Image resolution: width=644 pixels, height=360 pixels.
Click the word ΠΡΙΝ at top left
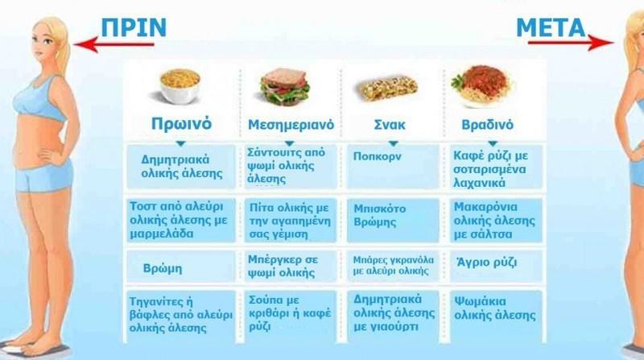click(x=134, y=27)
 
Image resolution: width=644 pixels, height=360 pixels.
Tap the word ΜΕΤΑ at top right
click(x=551, y=27)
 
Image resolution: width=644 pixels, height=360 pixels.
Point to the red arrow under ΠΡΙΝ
click(x=114, y=44)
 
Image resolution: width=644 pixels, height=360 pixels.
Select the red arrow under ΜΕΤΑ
click(x=570, y=43)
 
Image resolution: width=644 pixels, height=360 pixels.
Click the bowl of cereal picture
click(x=180, y=86)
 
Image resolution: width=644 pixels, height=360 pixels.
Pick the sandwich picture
click(x=284, y=87)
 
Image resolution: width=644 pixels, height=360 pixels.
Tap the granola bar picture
click(x=386, y=89)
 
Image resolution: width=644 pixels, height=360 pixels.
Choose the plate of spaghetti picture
click(x=481, y=85)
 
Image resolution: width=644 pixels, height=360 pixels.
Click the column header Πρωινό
click(x=181, y=123)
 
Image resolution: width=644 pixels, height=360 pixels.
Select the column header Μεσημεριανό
click(x=291, y=125)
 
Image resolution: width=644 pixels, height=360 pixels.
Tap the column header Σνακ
click(x=390, y=125)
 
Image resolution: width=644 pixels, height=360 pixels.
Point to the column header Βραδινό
click(x=488, y=125)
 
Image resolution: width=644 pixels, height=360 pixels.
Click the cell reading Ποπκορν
click(x=393, y=167)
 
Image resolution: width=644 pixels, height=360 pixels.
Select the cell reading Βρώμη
click(x=180, y=267)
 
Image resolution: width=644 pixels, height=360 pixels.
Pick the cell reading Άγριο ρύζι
click(x=496, y=267)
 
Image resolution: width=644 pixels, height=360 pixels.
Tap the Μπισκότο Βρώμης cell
click(x=393, y=221)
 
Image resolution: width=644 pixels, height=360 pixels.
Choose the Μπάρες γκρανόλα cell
click(x=393, y=267)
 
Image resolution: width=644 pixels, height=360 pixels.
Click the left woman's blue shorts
click(x=44, y=176)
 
